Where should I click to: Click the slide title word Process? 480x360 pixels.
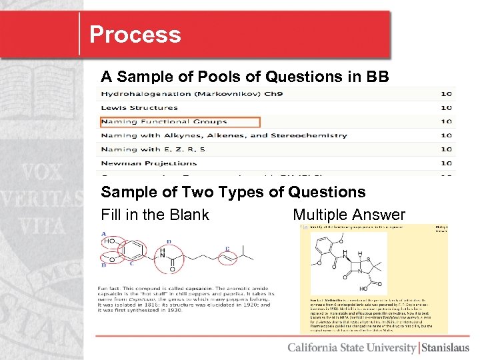click(x=135, y=35)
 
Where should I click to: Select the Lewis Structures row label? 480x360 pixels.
click(x=139, y=107)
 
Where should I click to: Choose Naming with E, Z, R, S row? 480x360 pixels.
click(x=153, y=149)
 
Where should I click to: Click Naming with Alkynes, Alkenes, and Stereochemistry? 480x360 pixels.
click(x=223, y=135)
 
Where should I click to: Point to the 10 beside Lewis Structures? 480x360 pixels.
click(x=446, y=107)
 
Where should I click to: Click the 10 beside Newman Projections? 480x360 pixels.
click(x=446, y=163)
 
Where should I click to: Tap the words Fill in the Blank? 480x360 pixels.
click(x=155, y=215)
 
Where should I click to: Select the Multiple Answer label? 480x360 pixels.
click(x=349, y=215)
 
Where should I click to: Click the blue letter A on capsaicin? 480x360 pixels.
click(x=104, y=233)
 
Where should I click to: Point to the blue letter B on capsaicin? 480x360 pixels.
click(x=104, y=265)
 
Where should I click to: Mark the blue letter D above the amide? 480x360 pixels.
click(x=169, y=242)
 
